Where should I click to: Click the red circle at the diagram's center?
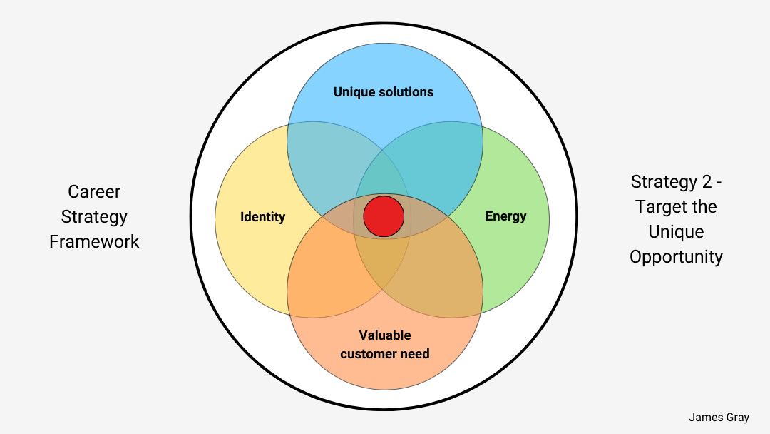pos(384,216)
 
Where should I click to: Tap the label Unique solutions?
pos(384,91)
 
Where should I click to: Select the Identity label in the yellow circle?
pos(262,216)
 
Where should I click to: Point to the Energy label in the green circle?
pos(505,216)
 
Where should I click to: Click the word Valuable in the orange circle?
pos(385,335)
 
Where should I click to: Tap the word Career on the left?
pos(94,191)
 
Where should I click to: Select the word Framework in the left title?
pos(94,241)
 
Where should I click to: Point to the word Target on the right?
pos(661,206)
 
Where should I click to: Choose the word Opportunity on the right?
pos(676,256)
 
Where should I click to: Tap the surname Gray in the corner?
pos(737,417)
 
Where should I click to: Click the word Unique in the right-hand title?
pos(676,231)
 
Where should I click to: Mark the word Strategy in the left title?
pos(94,216)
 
